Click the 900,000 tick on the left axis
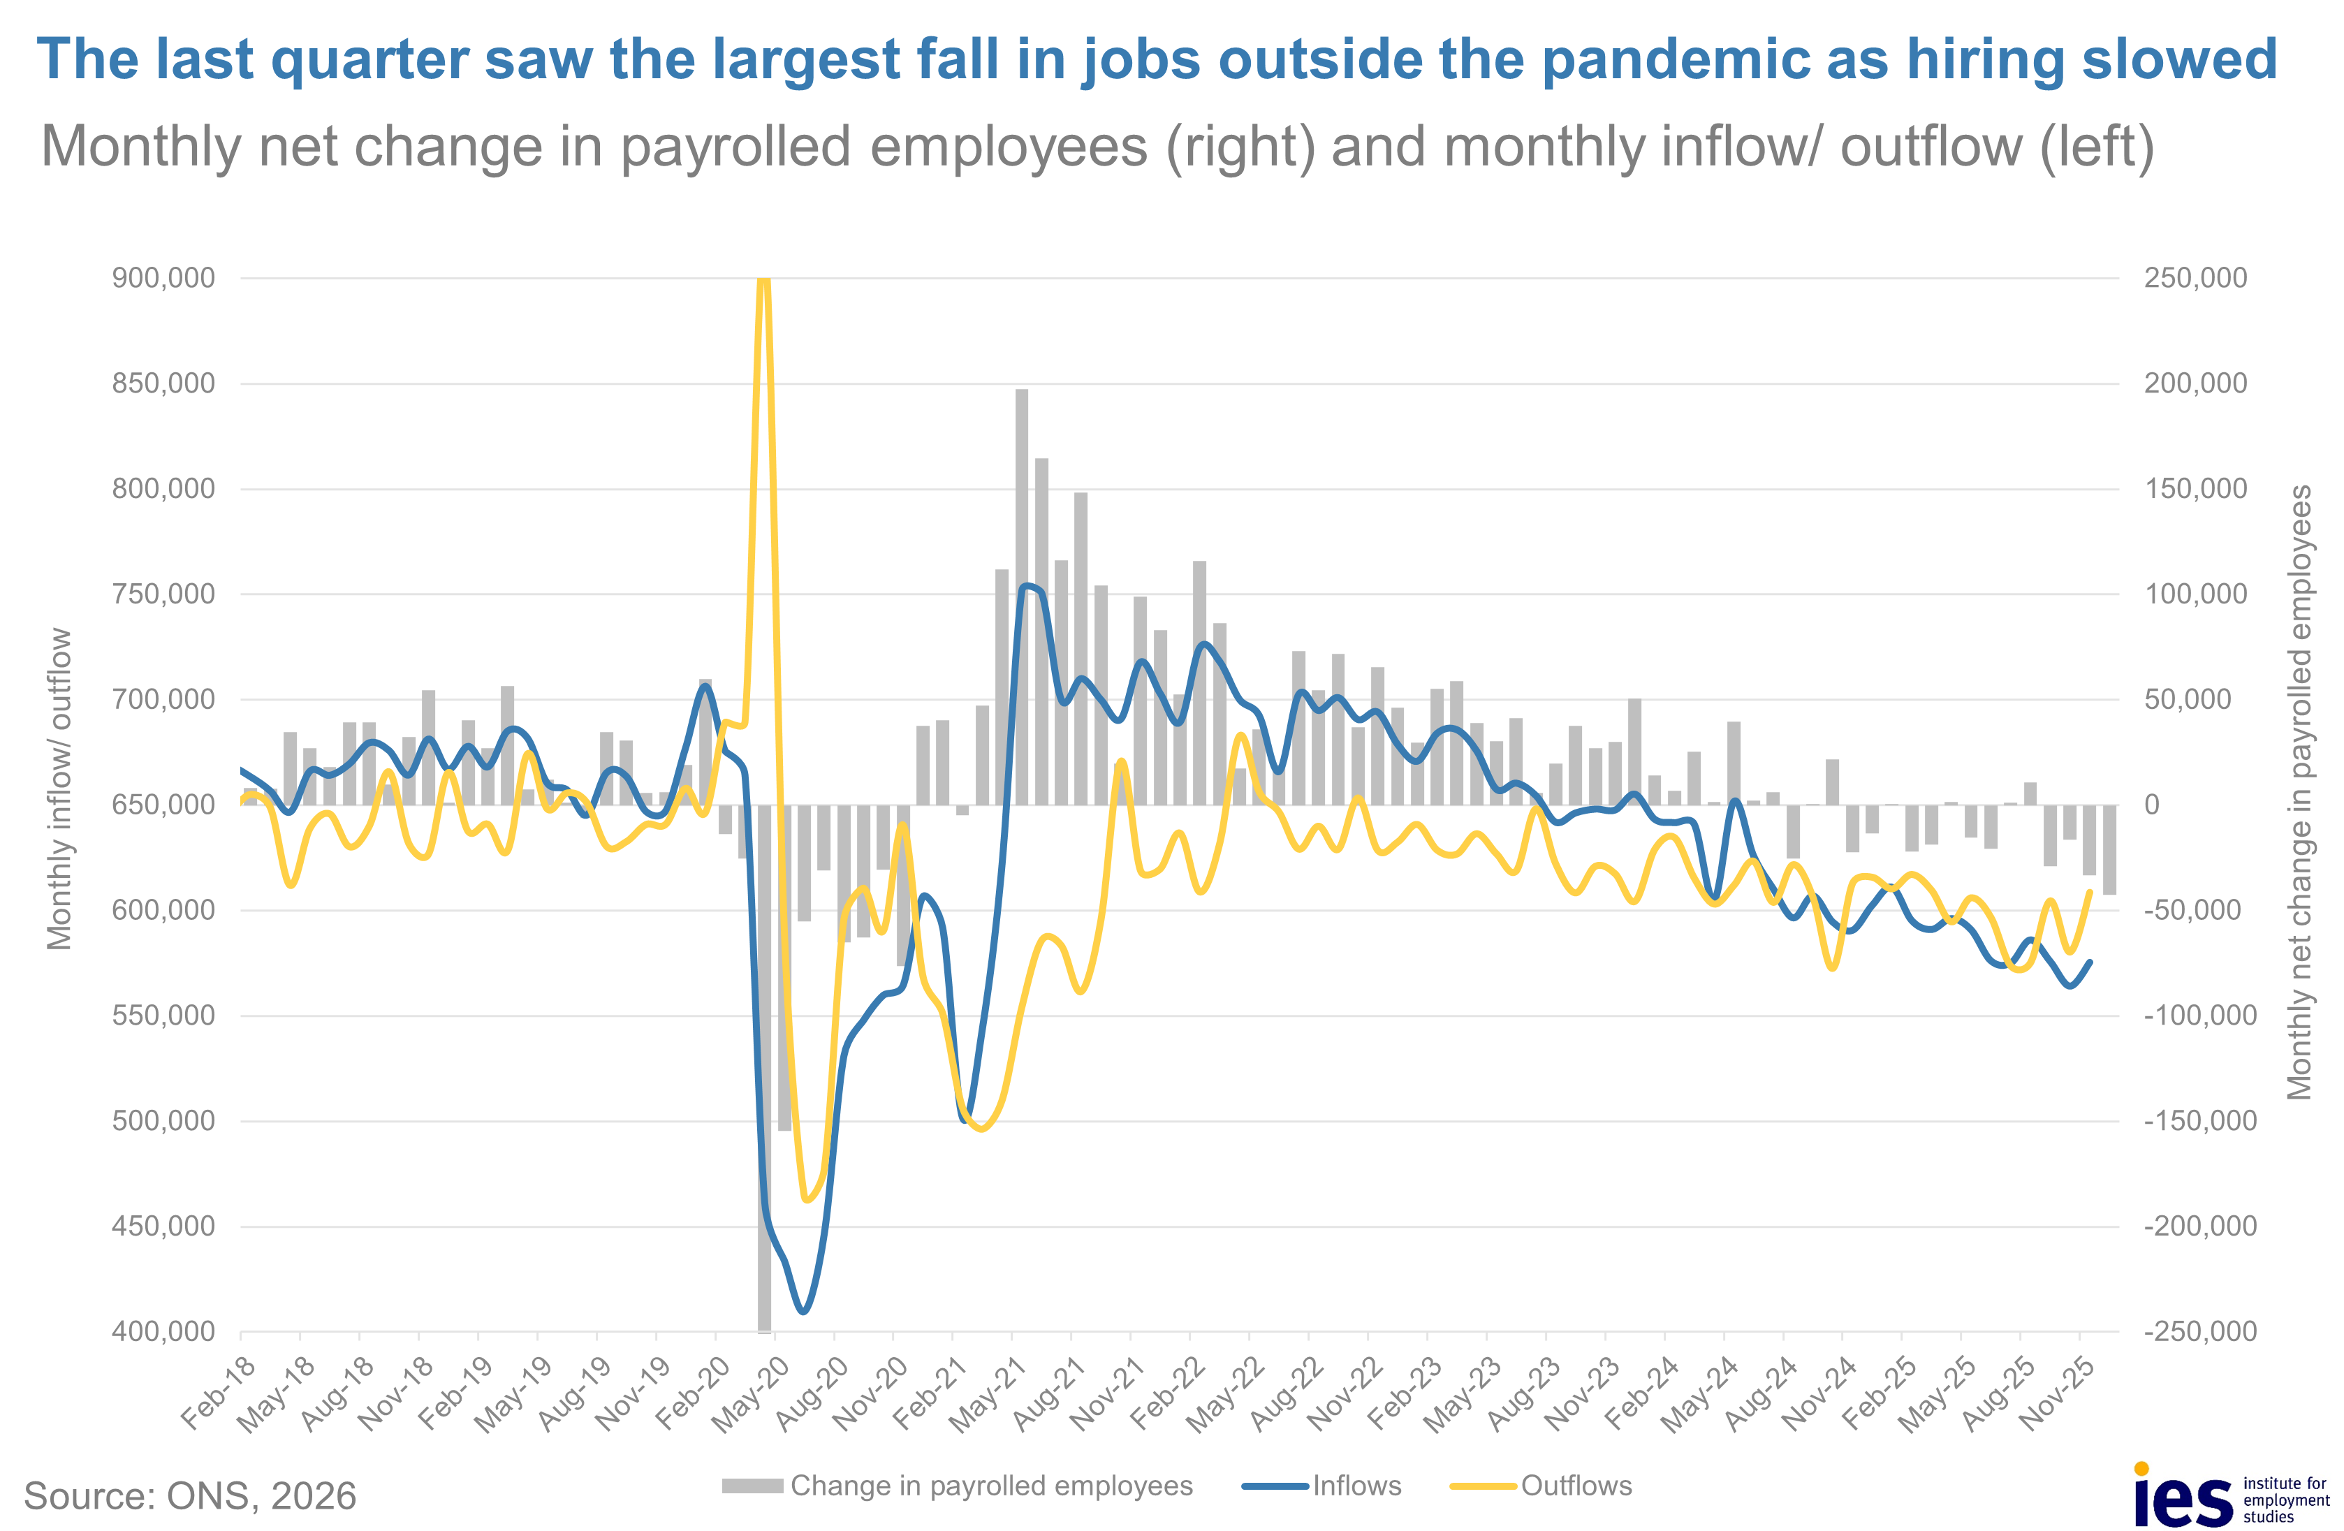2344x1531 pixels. tap(163, 279)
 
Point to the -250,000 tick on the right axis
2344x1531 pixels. tap(2199, 1331)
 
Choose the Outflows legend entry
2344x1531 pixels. tap(1575, 1486)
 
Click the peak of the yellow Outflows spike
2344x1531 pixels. tap(763, 281)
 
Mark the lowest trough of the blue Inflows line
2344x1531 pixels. tap(804, 1312)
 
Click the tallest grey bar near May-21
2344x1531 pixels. tap(1021, 596)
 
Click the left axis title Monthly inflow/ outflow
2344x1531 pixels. tap(60, 789)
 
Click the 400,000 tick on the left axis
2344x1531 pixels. tap(163, 1331)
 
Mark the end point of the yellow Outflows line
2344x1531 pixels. tap(2089, 892)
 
